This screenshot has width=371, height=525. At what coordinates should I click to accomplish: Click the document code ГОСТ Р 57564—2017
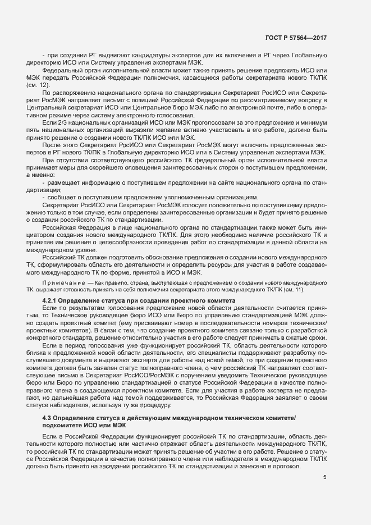[x=296, y=38]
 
